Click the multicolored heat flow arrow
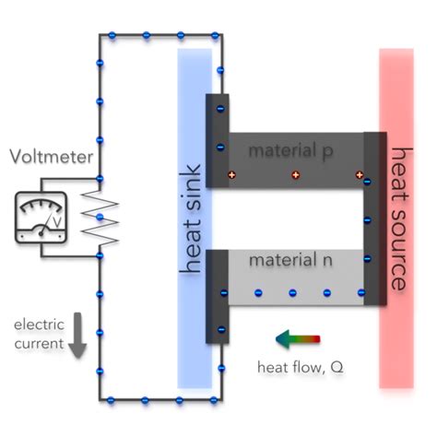[297, 338]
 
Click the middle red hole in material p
[296, 174]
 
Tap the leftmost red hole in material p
[232, 174]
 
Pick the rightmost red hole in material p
[359, 174]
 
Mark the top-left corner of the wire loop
[99, 36]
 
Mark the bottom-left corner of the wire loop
[99, 400]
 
